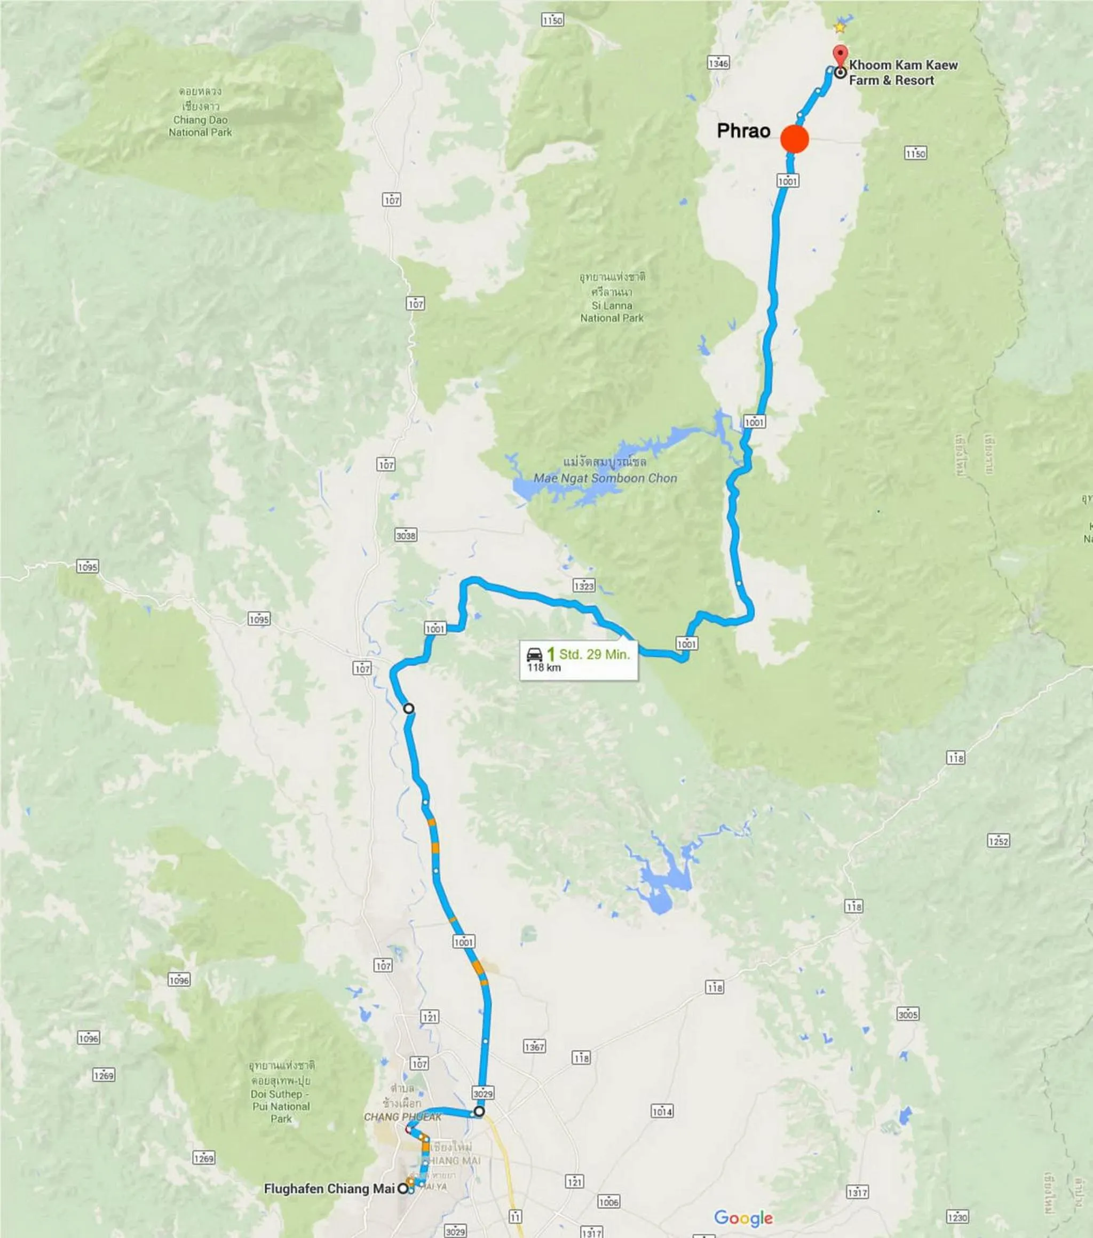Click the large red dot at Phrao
[x=794, y=139]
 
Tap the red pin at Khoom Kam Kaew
[x=839, y=54]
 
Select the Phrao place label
[x=743, y=131]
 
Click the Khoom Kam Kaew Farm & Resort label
[x=903, y=73]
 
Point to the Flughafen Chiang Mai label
[x=329, y=1188]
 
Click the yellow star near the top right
[x=839, y=27]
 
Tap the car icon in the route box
[x=534, y=654]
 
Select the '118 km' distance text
[x=543, y=668]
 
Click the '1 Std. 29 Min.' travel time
[x=588, y=654]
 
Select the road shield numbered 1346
[x=718, y=63]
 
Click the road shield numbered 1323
[x=583, y=586]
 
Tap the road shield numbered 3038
[x=405, y=535]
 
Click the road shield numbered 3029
[x=483, y=1093]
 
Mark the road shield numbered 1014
[x=662, y=1112]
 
